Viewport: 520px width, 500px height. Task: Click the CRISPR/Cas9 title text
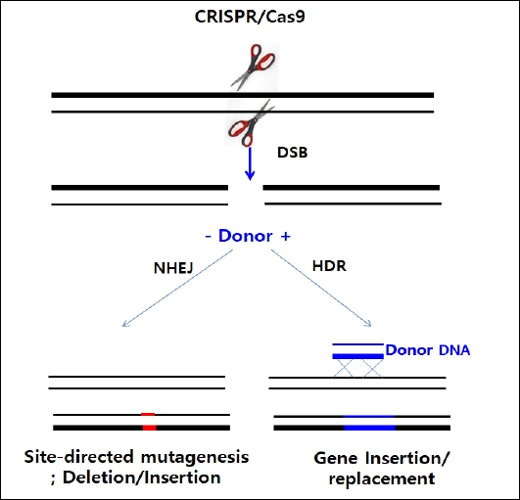click(250, 17)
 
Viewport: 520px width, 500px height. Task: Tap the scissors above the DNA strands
click(254, 67)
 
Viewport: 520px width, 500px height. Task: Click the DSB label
click(292, 153)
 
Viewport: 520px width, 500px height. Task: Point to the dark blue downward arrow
click(250, 163)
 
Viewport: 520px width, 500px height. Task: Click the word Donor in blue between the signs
click(246, 236)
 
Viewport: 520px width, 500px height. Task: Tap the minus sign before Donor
click(209, 237)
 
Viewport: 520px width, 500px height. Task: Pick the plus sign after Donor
click(285, 237)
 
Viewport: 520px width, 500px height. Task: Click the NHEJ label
click(173, 268)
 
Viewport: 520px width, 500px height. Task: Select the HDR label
click(329, 266)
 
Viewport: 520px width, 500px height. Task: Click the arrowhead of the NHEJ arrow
click(125, 324)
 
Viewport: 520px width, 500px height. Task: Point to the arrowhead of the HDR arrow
click(368, 324)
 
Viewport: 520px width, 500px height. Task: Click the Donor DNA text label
click(428, 350)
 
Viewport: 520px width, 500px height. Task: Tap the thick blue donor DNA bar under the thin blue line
click(358, 356)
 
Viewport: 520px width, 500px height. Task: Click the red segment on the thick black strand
click(149, 428)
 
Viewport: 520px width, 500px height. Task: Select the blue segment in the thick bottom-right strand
click(370, 428)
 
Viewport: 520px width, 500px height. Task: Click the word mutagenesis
click(195, 458)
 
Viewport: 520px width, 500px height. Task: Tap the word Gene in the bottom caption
click(335, 458)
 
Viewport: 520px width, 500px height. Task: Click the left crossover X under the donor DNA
click(344, 369)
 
